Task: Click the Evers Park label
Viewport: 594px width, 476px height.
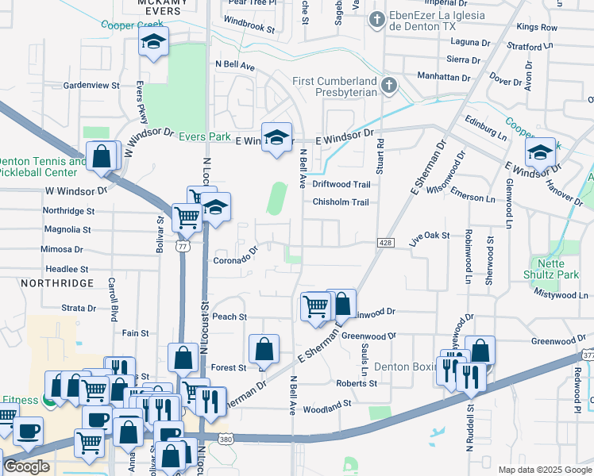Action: (x=205, y=136)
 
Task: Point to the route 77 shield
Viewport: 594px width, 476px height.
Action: (x=183, y=247)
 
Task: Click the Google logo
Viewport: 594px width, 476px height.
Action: (x=27, y=466)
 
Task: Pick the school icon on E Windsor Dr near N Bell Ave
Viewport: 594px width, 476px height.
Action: (x=276, y=138)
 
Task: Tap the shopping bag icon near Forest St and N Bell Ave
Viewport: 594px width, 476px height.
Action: (x=264, y=349)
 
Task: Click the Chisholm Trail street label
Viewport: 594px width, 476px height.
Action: (x=341, y=202)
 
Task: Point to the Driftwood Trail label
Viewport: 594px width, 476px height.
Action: (x=341, y=184)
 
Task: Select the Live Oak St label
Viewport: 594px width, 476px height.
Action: (x=430, y=236)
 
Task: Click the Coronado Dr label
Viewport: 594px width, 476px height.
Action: (x=237, y=256)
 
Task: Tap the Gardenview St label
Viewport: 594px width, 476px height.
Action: (x=91, y=85)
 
